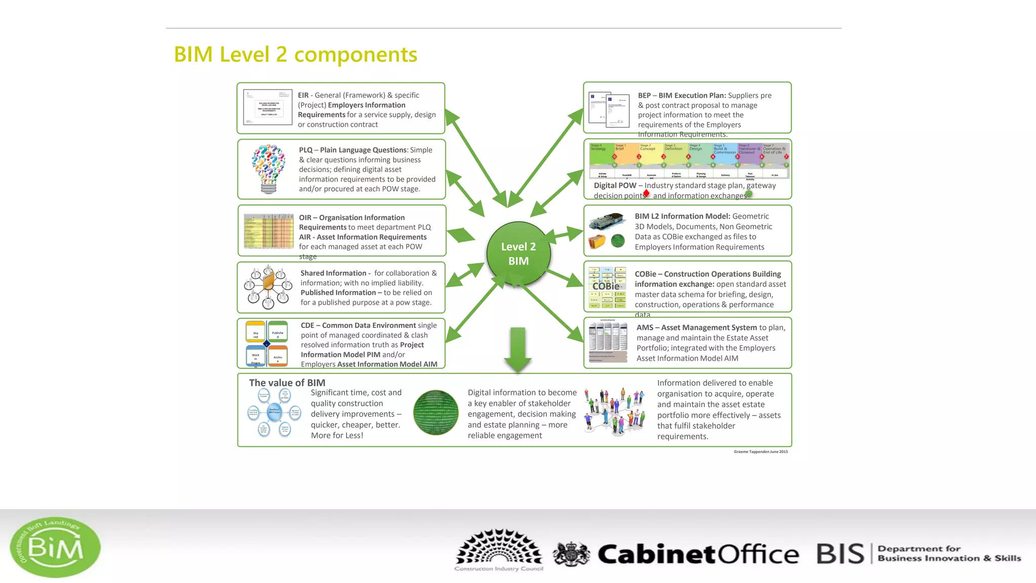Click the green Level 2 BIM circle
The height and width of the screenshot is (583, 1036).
[x=518, y=254]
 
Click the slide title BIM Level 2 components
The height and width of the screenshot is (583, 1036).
[x=295, y=55]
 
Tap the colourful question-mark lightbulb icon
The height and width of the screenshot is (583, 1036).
[x=269, y=169]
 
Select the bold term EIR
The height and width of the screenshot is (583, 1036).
[x=303, y=95]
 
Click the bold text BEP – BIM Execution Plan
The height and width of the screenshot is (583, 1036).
[x=681, y=95]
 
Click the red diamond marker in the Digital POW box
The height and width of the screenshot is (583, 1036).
[x=646, y=193]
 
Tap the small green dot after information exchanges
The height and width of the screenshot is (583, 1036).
[x=749, y=194]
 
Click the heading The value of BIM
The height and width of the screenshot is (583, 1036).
[x=287, y=383]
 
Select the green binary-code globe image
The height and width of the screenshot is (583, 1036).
[x=436, y=412]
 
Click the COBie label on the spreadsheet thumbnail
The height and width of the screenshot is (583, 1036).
[x=606, y=286]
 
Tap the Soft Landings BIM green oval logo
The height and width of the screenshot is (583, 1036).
[x=55, y=547]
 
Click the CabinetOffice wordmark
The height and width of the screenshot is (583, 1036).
[x=698, y=554]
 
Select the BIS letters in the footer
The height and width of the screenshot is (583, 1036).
[x=840, y=554]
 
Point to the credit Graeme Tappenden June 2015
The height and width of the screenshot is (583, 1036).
[x=760, y=451]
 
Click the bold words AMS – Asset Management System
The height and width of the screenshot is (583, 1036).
[x=697, y=327]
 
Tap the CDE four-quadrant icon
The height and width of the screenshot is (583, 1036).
[x=267, y=344]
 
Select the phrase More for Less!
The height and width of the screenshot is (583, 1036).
[x=337, y=435]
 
